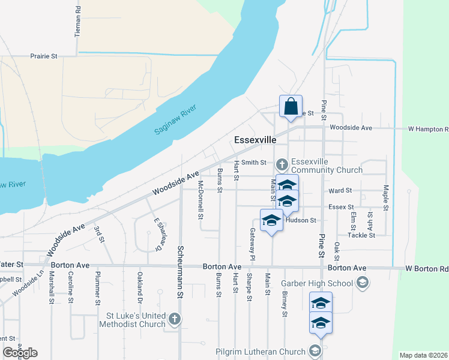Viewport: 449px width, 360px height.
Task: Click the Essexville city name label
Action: coord(255,140)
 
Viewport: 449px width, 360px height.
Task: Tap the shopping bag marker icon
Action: coord(291,107)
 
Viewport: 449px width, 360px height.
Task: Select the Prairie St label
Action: coord(45,56)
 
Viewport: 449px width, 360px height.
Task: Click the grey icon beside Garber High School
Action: coord(362,282)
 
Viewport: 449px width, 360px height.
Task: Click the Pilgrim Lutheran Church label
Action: coord(262,352)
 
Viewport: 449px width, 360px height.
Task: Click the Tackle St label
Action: coord(361,235)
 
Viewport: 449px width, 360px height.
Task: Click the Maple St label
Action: coord(386,196)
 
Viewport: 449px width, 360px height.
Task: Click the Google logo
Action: coord(20,353)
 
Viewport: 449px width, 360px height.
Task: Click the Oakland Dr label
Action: coord(139,287)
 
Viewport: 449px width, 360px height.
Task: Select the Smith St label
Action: coord(254,162)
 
